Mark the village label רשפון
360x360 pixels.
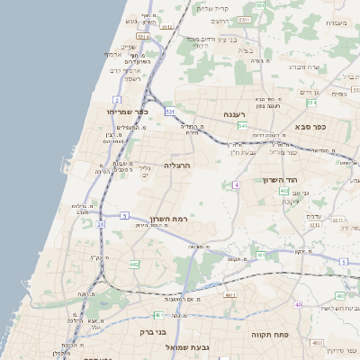point(132,79)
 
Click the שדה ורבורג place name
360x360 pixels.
point(302,67)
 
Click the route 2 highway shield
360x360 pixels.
point(117,98)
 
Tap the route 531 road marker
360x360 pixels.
point(169,111)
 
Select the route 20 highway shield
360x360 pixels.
point(101,222)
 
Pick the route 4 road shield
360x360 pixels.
point(236,184)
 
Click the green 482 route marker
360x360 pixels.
point(135,264)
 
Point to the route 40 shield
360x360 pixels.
point(298,304)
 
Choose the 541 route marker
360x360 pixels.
point(243,126)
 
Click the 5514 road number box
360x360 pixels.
point(166,26)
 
